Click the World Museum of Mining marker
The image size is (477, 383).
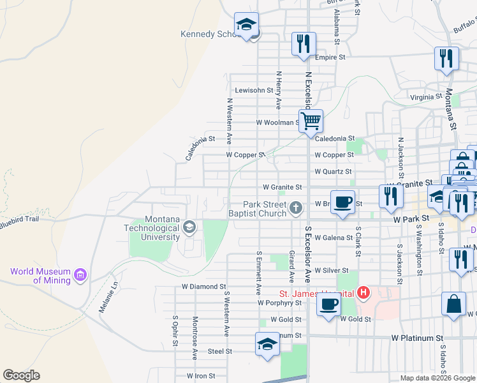click(x=80, y=275)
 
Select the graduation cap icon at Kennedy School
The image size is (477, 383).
click(x=246, y=25)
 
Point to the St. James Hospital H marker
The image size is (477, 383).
click(x=363, y=293)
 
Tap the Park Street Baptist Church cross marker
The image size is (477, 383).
click(x=296, y=207)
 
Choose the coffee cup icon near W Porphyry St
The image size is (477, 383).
click(x=329, y=304)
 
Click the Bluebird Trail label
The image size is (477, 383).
click(x=20, y=218)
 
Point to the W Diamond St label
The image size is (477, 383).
click(x=203, y=287)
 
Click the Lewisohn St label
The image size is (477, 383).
click(x=254, y=91)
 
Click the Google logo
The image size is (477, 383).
click(x=21, y=375)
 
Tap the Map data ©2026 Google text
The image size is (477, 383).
click(x=437, y=378)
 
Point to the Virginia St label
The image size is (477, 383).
click(x=426, y=97)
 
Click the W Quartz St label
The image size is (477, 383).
click(x=334, y=172)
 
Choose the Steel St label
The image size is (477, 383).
click(x=220, y=351)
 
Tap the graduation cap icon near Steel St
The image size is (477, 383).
click(x=267, y=344)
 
